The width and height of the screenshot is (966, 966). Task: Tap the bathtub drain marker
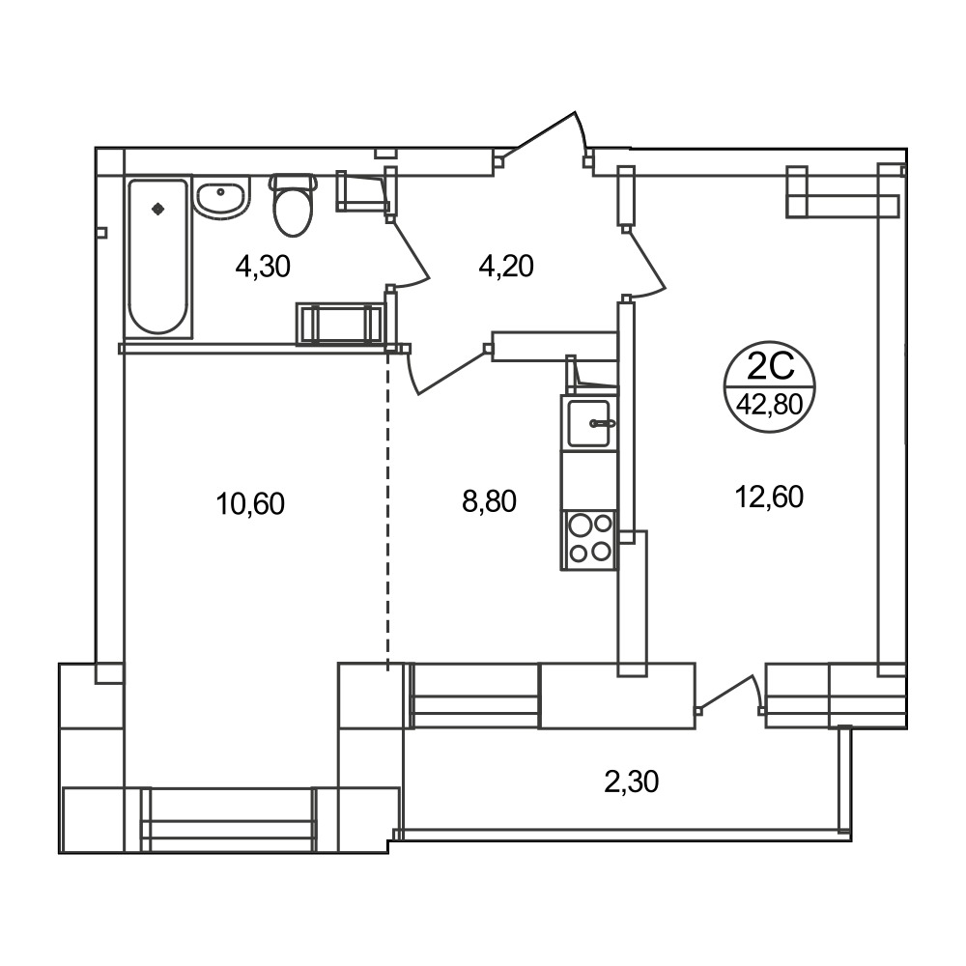[x=158, y=209]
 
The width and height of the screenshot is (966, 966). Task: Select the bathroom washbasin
[x=222, y=195]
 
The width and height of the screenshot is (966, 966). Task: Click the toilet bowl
[x=294, y=205]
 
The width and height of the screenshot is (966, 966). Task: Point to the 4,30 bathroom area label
[x=263, y=267]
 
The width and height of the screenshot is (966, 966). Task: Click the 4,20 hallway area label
[x=506, y=267]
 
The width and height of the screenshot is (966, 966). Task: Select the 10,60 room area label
[x=250, y=503]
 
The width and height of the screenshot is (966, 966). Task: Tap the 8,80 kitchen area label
[x=489, y=501]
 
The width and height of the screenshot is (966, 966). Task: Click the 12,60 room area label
[x=769, y=497]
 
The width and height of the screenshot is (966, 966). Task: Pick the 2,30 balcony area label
[x=632, y=781]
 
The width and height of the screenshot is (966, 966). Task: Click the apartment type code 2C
[x=770, y=367]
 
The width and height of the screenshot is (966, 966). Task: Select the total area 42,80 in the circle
[x=770, y=405]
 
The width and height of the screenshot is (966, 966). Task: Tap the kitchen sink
[x=589, y=423]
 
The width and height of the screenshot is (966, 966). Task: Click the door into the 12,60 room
[x=644, y=262]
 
